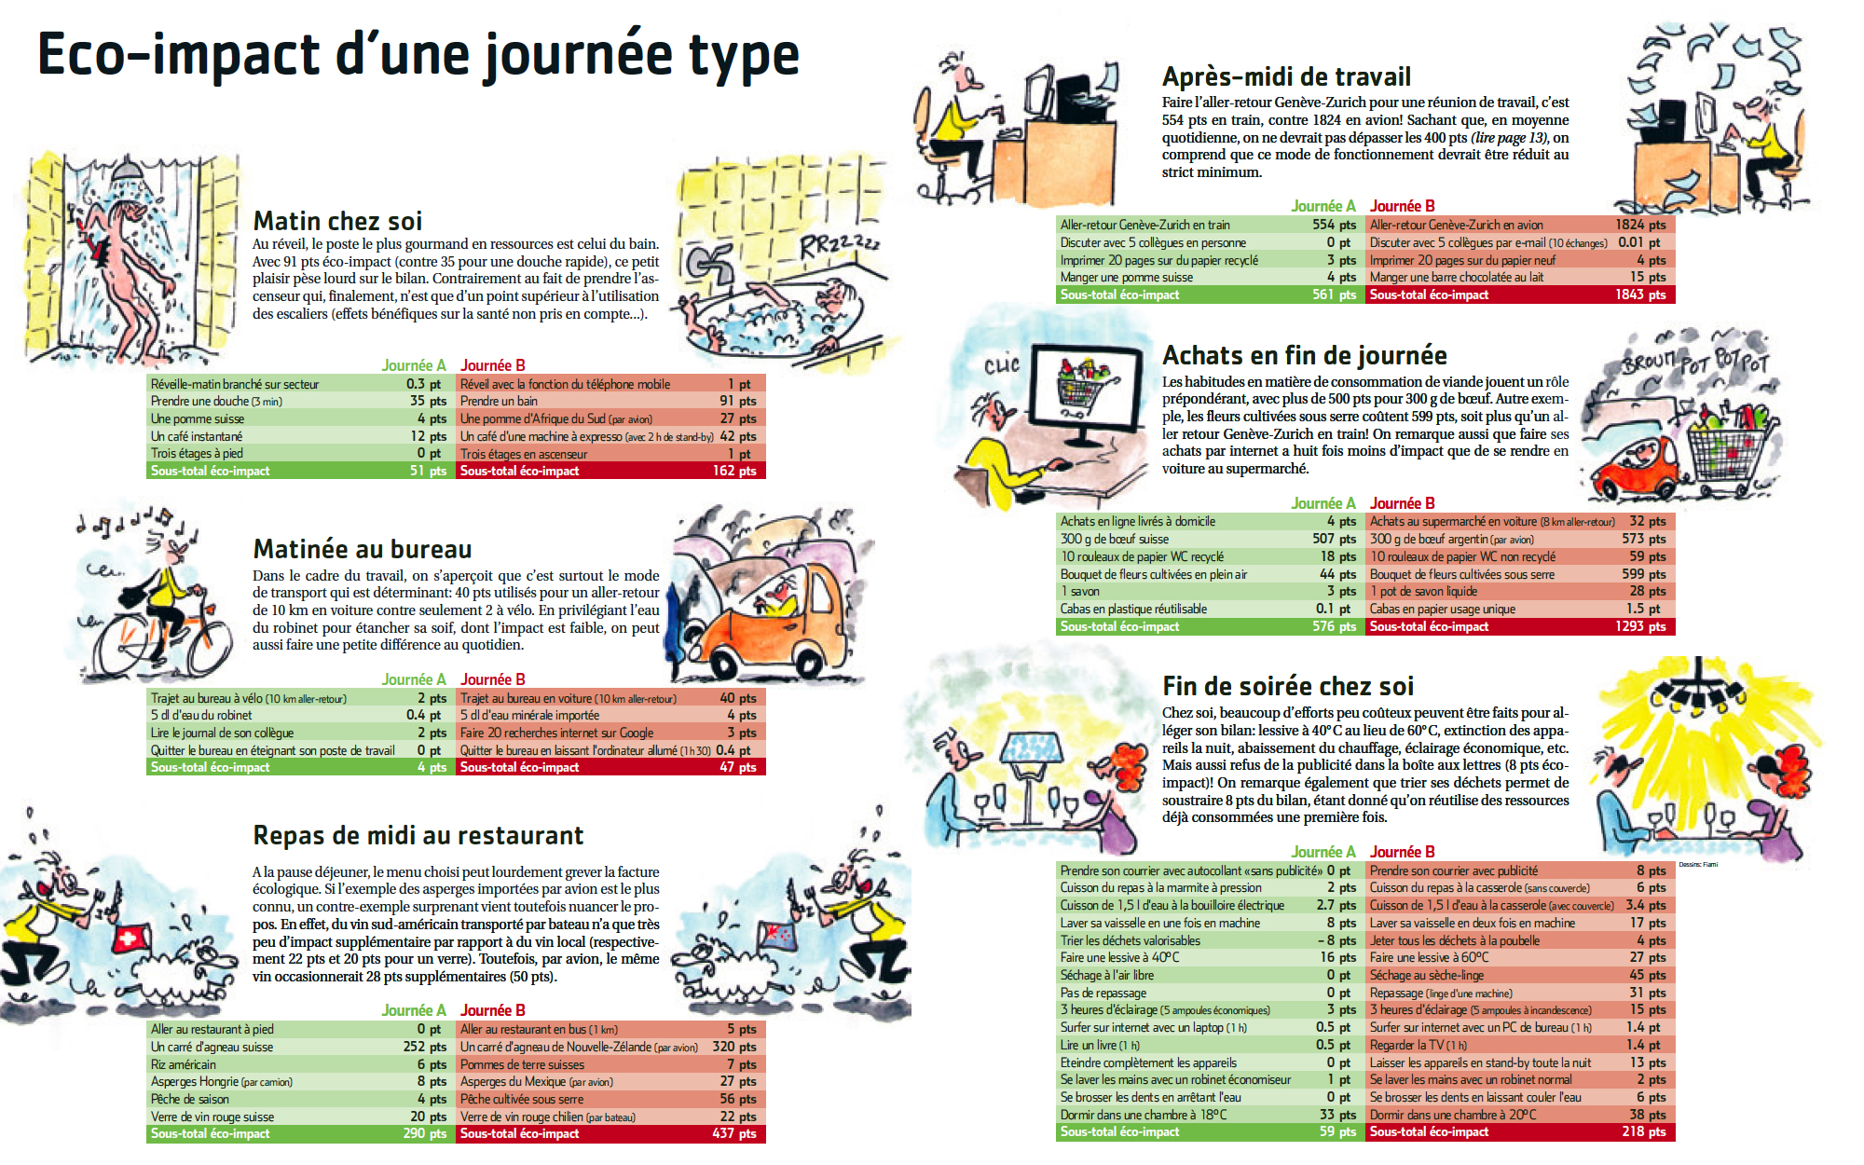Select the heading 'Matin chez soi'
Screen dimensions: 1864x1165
pyautogui.click(x=337, y=221)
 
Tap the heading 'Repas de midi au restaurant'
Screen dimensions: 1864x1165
pyautogui.click(x=418, y=835)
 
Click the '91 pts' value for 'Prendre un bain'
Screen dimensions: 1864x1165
pyautogui.click(x=738, y=401)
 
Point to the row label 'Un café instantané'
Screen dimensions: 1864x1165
pyautogui.click(x=197, y=436)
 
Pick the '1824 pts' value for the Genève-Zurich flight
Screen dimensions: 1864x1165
pyautogui.click(x=1640, y=225)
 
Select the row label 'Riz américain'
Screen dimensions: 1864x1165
pyautogui.click(x=184, y=1064)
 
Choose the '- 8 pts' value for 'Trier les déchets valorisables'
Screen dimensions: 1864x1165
pyautogui.click(x=1337, y=940)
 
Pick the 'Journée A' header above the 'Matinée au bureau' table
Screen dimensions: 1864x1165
pyautogui.click(x=414, y=679)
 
